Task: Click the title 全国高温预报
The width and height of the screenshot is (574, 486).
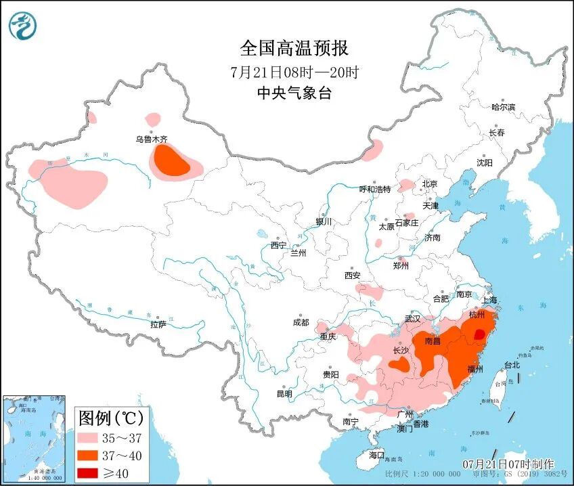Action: [x=294, y=48]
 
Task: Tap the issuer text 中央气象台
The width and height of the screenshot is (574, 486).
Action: [x=294, y=93]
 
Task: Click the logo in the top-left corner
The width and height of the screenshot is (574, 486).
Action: [x=23, y=25]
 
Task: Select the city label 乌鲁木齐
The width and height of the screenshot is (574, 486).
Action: [x=151, y=139]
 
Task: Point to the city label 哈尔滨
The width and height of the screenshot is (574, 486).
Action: [x=503, y=107]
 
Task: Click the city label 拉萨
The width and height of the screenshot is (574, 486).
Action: [x=158, y=325]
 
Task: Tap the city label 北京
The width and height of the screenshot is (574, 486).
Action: [x=430, y=183]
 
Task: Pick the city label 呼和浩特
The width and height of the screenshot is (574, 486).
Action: [x=374, y=190]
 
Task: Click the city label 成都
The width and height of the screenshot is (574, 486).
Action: [x=301, y=323]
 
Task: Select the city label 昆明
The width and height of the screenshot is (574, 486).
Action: [x=284, y=394]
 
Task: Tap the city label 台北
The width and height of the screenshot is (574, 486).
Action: [x=512, y=365]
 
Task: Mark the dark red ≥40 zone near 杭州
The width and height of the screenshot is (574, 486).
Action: [x=479, y=334]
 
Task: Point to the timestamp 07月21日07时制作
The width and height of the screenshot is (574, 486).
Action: [x=508, y=464]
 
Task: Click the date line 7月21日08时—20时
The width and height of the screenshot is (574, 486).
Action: [x=294, y=72]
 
